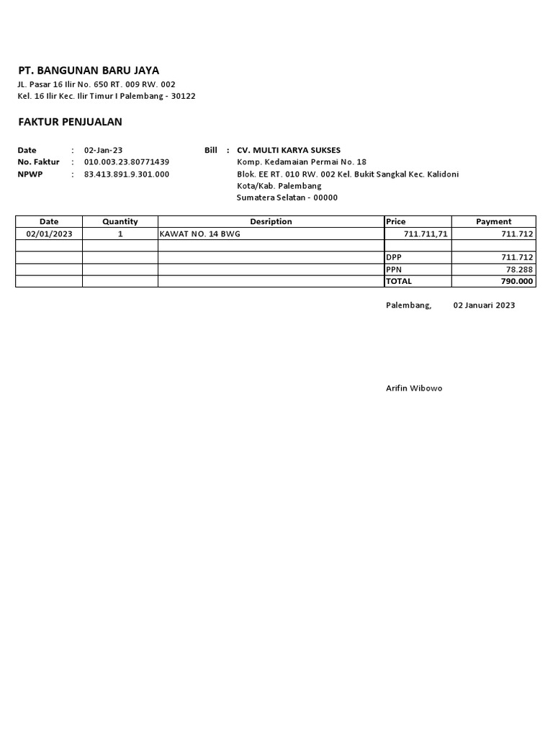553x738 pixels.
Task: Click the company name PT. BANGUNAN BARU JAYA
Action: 89,71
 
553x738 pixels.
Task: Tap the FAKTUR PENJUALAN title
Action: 70,122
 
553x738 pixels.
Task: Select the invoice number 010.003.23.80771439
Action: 127,162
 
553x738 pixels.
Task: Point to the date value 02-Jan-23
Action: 104,150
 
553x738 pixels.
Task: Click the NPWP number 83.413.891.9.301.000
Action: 127,174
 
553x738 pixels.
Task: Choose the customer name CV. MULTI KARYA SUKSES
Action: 289,150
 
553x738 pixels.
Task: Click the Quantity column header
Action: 120,221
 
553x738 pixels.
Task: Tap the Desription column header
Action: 271,221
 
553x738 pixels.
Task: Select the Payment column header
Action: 493,221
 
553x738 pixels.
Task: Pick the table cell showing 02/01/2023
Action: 49,234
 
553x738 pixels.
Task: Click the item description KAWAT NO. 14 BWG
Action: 199,234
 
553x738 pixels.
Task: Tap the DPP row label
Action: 394,257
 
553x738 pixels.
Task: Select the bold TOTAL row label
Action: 399,281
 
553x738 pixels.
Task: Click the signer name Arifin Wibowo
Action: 414,388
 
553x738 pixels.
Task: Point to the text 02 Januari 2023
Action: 484,306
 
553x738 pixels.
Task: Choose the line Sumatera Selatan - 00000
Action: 287,197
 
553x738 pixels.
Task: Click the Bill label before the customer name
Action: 211,150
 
